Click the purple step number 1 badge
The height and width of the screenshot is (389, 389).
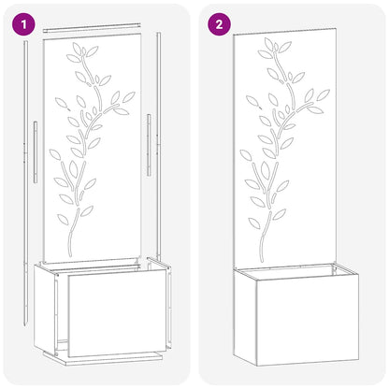pyautogui.click(x=23, y=23)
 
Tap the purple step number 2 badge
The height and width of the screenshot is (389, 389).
pyautogui.click(x=218, y=23)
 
